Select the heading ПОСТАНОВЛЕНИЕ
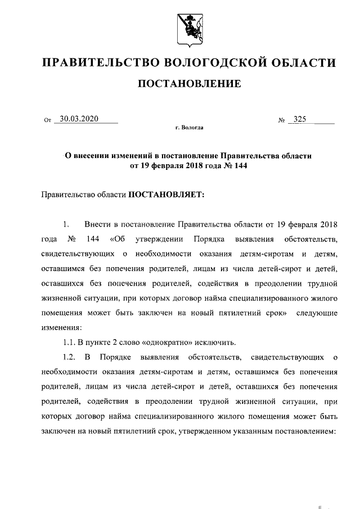click(190, 84)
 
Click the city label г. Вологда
click(190, 128)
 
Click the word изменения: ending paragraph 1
click(61, 326)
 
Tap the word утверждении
click(157, 238)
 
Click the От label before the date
click(47, 120)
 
